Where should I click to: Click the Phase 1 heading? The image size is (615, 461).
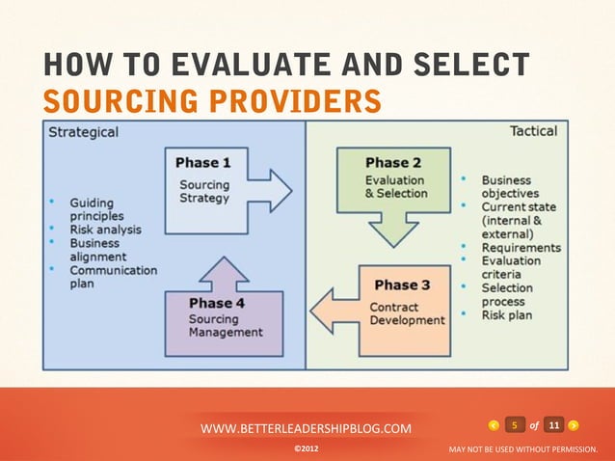coord(204,163)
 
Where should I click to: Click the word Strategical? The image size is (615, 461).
coord(85,133)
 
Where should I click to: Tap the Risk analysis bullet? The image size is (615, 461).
coord(105,230)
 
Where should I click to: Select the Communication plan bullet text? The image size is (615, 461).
coord(112,278)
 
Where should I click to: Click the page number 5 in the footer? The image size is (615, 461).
coord(515,425)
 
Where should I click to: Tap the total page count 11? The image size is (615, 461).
coord(553,425)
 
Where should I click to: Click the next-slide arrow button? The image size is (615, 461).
coord(575,425)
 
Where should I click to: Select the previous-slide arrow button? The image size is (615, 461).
coord(494,425)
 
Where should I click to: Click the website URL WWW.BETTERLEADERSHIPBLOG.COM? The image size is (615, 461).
coord(306,428)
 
